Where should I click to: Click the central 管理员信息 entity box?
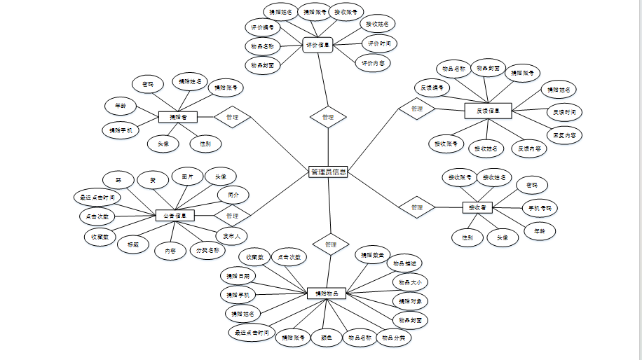328,172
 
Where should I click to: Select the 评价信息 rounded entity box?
317,46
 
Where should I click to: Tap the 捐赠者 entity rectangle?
178,117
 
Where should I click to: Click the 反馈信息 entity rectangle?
488,110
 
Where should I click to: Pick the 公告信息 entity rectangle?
175,216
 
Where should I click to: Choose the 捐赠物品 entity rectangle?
327,293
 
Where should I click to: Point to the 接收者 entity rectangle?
478,207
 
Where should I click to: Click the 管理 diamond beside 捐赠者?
233,117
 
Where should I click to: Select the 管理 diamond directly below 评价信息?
328,117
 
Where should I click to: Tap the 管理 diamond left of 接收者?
417,207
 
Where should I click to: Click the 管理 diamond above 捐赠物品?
330,244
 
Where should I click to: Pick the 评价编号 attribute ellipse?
263,28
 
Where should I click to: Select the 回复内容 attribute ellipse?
565,134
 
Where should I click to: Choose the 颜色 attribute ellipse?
326,338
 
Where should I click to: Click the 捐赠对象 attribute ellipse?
411,300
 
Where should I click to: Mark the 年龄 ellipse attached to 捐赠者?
120,106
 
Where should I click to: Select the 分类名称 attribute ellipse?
207,249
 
